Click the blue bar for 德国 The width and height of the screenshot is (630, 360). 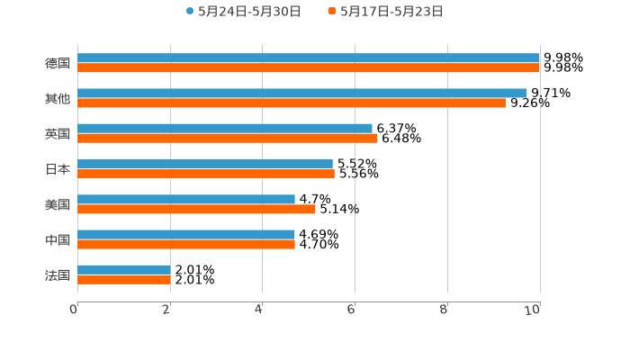[308, 58]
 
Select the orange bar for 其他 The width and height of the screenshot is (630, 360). [292, 103]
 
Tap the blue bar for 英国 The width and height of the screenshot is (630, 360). [225, 128]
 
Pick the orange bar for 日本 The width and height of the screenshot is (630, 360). [206, 174]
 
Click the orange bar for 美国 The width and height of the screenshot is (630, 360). [196, 209]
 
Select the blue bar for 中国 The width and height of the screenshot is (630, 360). [186, 234]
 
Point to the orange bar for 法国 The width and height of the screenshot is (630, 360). [124, 280]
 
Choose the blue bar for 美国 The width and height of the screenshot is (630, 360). [186, 199]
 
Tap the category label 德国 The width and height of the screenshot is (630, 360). [58, 63]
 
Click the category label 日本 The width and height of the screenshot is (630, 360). [58, 169]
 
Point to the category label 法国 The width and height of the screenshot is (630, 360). [58, 274]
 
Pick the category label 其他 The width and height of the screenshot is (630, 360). [58, 98]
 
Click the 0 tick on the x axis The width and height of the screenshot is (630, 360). [74, 310]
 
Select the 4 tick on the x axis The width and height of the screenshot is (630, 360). [259, 310]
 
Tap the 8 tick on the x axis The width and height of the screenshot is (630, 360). [445, 310]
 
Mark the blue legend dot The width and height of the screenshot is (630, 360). [190, 12]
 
